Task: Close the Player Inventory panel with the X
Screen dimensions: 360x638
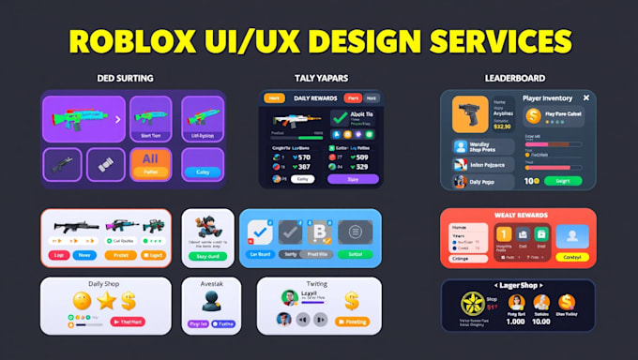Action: click(x=586, y=97)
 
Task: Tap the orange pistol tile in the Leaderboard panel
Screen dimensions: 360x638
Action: click(x=470, y=114)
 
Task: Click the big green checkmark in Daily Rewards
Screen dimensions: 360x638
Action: click(x=340, y=119)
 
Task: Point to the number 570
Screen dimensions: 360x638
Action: click(x=304, y=157)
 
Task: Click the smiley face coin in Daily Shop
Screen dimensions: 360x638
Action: click(x=82, y=300)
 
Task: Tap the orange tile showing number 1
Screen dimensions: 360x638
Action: click(x=503, y=235)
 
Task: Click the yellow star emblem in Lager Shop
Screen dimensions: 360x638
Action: click(x=473, y=305)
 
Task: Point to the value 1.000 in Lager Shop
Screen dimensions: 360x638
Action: click(x=515, y=321)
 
